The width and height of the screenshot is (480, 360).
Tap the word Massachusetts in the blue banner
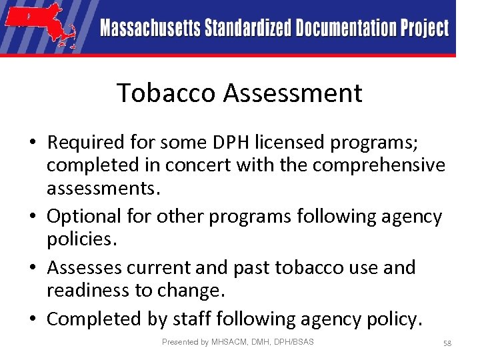(150, 29)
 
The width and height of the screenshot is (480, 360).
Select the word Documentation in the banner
(347, 29)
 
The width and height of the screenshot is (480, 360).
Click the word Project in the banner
(425, 29)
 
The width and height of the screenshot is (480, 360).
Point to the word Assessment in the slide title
(293, 93)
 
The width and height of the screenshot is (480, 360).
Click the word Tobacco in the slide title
(166, 93)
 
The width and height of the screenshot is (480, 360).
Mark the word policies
(78, 239)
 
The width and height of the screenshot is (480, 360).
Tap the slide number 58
(447, 343)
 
